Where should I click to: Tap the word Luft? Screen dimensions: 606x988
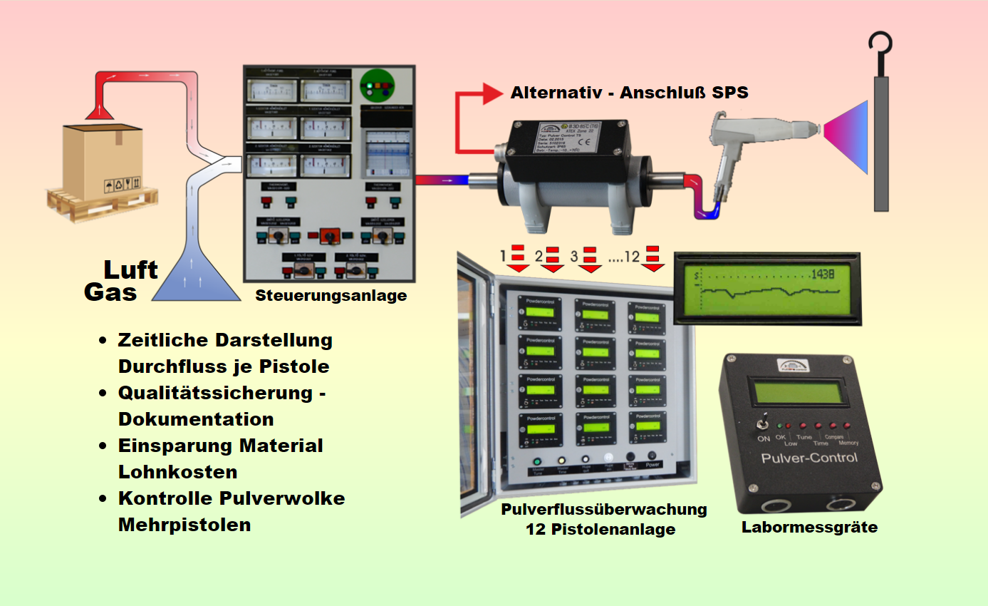pyautogui.click(x=130, y=269)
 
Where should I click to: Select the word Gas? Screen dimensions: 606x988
pyautogui.click(x=110, y=292)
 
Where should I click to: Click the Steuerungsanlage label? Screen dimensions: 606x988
pyautogui.click(x=331, y=295)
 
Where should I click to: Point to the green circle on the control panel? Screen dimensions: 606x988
pyautogui.click(x=378, y=87)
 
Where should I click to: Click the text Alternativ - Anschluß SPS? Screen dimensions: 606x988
pyautogui.click(x=630, y=93)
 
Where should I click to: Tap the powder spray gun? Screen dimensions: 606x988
pyautogui.click(x=748, y=135)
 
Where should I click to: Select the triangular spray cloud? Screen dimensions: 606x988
pyautogui.click(x=848, y=135)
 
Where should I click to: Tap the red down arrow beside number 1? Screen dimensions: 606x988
pyautogui.click(x=518, y=259)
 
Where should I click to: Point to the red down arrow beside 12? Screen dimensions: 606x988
pyautogui.click(x=652, y=259)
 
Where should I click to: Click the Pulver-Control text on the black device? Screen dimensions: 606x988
pyautogui.click(x=808, y=457)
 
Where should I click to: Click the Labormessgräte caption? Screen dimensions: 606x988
pyautogui.click(x=809, y=528)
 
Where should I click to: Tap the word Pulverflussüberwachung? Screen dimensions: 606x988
pyautogui.click(x=604, y=510)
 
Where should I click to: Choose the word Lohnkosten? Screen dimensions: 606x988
pyautogui.click(x=177, y=472)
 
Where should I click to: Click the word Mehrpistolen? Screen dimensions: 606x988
pyautogui.click(x=184, y=525)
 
